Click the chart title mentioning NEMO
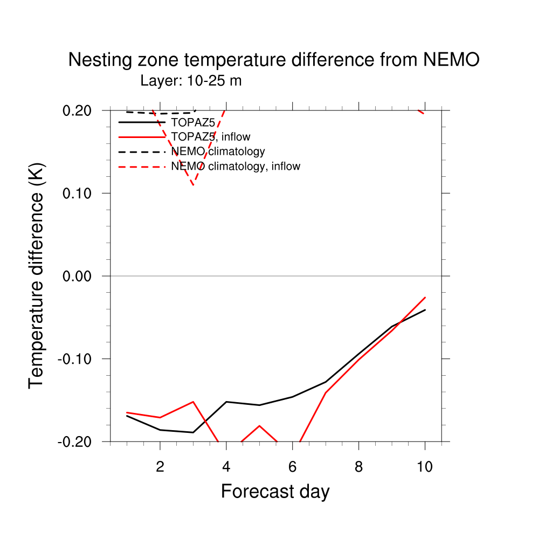pyautogui.click(x=273, y=60)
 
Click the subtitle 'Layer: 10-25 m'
pyautogui.click(x=191, y=81)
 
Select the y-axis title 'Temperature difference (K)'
pyautogui.click(x=37, y=276)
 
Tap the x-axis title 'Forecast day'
pyautogui.click(x=275, y=492)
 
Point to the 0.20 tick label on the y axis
pyautogui.click(x=77, y=111)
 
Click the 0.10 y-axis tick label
pyautogui.click(x=77, y=193)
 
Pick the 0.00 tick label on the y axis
pyautogui.click(x=77, y=276)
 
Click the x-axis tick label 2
pyautogui.click(x=160, y=467)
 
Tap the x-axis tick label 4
pyautogui.click(x=226, y=467)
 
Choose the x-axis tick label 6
pyautogui.click(x=292, y=467)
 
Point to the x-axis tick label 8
pyautogui.click(x=358, y=467)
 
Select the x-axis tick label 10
pyautogui.click(x=425, y=467)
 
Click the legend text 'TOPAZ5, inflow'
pyautogui.click(x=211, y=137)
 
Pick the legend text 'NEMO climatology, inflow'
pyautogui.click(x=236, y=166)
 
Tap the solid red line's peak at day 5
pyautogui.click(x=259, y=426)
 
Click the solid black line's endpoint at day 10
pyautogui.click(x=425, y=310)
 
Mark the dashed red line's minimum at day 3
pyautogui.click(x=193, y=185)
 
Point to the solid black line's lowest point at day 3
pyautogui.click(x=193, y=432)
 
